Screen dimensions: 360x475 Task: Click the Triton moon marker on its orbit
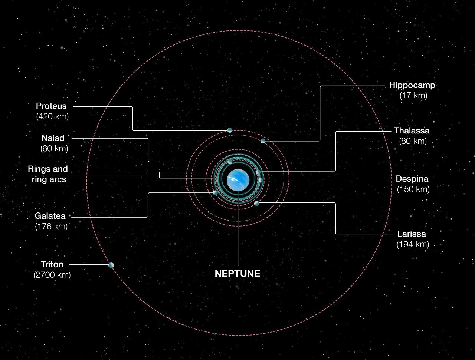111,265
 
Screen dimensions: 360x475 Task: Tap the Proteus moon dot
230,130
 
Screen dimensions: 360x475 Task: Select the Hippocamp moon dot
263,141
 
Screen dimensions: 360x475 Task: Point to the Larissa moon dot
256,203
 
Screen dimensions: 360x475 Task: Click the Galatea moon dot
215,192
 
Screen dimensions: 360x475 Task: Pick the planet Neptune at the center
237,180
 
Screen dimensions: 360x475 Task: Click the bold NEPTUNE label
237,274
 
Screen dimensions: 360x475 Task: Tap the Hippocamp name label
412,85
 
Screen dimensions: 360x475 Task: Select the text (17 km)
413,96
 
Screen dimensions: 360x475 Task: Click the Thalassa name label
412,131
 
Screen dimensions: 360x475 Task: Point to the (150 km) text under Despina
413,189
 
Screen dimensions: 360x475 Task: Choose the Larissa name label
412,234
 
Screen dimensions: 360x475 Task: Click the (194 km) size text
413,245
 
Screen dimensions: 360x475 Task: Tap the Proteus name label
51,106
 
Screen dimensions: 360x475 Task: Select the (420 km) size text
52,116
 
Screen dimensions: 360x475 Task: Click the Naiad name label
53,138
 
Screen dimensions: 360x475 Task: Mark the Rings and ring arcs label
47,174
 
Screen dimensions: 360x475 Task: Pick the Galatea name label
50,215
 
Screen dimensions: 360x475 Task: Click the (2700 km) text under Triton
52,275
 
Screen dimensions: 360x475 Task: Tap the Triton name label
52,265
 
